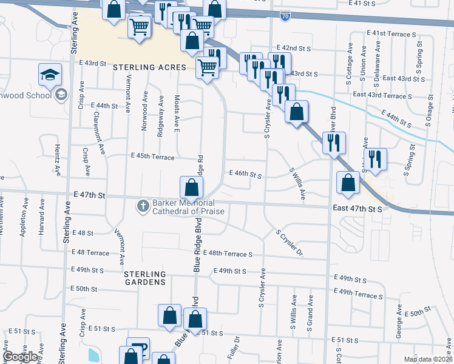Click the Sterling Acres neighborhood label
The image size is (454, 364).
tap(149, 67)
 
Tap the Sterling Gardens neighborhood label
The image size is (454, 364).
tap(145, 278)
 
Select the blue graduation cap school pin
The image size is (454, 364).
tap(50, 75)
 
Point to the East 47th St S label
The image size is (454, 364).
tap(357, 208)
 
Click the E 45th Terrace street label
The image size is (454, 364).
tap(153, 156)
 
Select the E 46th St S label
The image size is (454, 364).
tap(245, 174)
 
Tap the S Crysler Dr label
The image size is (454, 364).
tap(289, 243)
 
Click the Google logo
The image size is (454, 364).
tap(21, 357)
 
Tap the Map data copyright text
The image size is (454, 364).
tap(428, 359)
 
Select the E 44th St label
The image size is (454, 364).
tap(104, 106)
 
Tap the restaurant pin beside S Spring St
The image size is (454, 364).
tap(375, 159)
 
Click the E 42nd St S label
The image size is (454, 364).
tap(294, 47)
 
